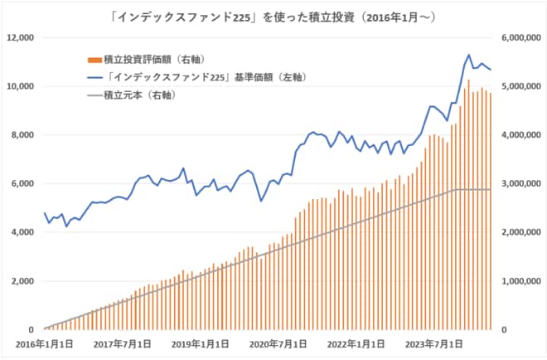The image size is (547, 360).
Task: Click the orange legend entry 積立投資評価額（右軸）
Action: coord(154,59)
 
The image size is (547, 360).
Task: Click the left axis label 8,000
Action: coord(22,135)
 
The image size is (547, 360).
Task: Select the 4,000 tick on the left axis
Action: coord(22,232)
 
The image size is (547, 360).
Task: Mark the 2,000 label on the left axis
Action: coord(22,281)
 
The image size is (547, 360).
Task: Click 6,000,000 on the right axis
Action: coord(519,37)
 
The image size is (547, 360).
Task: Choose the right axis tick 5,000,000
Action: coord(519,86)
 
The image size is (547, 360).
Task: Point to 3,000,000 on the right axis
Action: coord(519,183)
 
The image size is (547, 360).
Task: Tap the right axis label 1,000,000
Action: coord(519,281)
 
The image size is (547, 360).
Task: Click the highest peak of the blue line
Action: coord(468,55)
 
